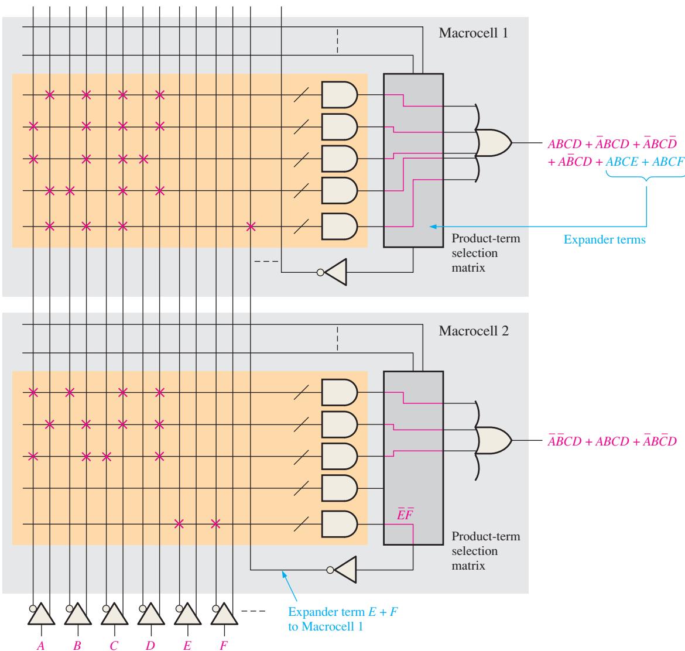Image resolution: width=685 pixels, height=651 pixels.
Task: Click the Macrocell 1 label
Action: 473,33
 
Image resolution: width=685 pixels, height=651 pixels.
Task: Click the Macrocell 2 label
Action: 474,331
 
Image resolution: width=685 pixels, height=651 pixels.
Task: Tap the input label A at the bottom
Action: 41,645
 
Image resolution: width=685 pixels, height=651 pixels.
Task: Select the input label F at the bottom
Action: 224,645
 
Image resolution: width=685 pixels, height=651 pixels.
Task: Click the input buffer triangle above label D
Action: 151,614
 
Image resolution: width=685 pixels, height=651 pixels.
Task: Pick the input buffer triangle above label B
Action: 78,614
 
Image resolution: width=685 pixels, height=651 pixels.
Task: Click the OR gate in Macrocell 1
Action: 494,143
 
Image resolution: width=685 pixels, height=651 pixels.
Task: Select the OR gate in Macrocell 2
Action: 494,440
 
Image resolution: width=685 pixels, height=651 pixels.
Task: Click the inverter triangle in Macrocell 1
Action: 335,272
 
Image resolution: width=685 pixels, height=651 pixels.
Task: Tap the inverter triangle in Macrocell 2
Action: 345,570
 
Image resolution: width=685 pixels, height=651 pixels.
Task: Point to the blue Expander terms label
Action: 605,239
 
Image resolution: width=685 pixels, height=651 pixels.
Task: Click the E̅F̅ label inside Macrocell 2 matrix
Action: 405,514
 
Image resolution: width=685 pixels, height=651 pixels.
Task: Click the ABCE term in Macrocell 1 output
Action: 622,162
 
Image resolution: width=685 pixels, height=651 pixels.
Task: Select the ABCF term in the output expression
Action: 668,162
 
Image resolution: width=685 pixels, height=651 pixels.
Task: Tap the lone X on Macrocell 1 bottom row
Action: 251,227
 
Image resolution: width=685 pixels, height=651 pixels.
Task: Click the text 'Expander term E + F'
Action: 343,612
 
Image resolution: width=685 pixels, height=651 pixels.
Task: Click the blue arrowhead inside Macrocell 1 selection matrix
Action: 433,227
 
